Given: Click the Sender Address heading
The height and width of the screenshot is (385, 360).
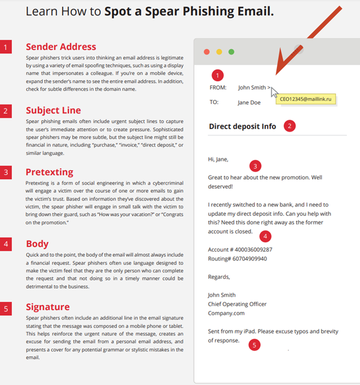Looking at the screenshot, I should pos(61,47).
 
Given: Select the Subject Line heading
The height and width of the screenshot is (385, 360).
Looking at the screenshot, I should pos(54,110).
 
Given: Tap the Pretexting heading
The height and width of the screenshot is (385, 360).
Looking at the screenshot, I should pos(50,172).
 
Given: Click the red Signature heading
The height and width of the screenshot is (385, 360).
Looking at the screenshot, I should pos(48,307).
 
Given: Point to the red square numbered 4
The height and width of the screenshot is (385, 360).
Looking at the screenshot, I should pos(6,244).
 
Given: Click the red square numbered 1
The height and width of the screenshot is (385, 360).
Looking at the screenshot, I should pos(6,47).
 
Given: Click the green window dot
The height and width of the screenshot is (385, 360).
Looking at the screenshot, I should pos(231,52).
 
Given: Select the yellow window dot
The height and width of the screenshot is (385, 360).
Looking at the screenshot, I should pos(219,52).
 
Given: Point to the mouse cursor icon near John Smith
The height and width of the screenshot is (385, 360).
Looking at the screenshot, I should pos(274,92).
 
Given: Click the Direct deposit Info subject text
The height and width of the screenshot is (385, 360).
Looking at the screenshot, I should pos(242,126).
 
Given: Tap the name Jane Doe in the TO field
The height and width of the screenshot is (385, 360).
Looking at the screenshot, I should pos(249,103).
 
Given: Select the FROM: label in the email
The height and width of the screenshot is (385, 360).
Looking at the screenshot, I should pos(218,88).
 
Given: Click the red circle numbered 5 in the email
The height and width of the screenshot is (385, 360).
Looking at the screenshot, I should pos(254,345).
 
